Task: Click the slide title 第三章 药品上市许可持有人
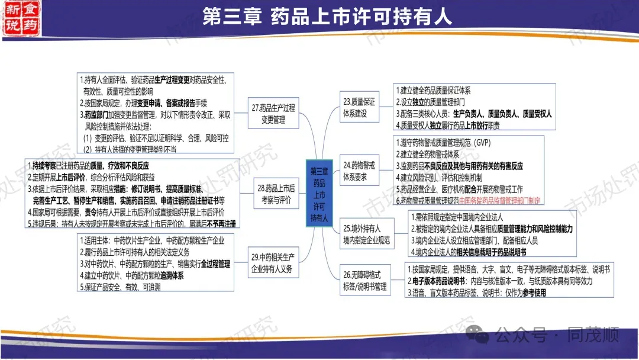tap(327, 16)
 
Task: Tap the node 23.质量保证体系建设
tap(359, 108)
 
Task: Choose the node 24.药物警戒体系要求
tap(359, 171)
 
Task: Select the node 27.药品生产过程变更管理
tap(273, 114)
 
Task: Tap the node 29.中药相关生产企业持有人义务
tap(273, 262)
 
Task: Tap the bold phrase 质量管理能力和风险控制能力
tap(527, 229)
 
